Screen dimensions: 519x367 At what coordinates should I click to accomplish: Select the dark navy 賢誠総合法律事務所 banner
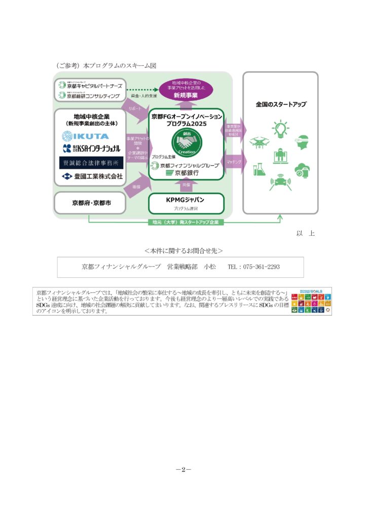(x=89, y=163)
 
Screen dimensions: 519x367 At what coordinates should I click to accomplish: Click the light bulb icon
(x=280, y=128)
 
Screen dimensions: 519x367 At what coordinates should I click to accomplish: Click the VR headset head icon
(x=303, y=142)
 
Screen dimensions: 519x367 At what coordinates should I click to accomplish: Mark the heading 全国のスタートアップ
(x=280, y=104)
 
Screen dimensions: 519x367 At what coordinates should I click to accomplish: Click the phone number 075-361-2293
(x=261, y=267)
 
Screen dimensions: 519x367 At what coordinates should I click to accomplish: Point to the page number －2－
(x=183, y=469)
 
